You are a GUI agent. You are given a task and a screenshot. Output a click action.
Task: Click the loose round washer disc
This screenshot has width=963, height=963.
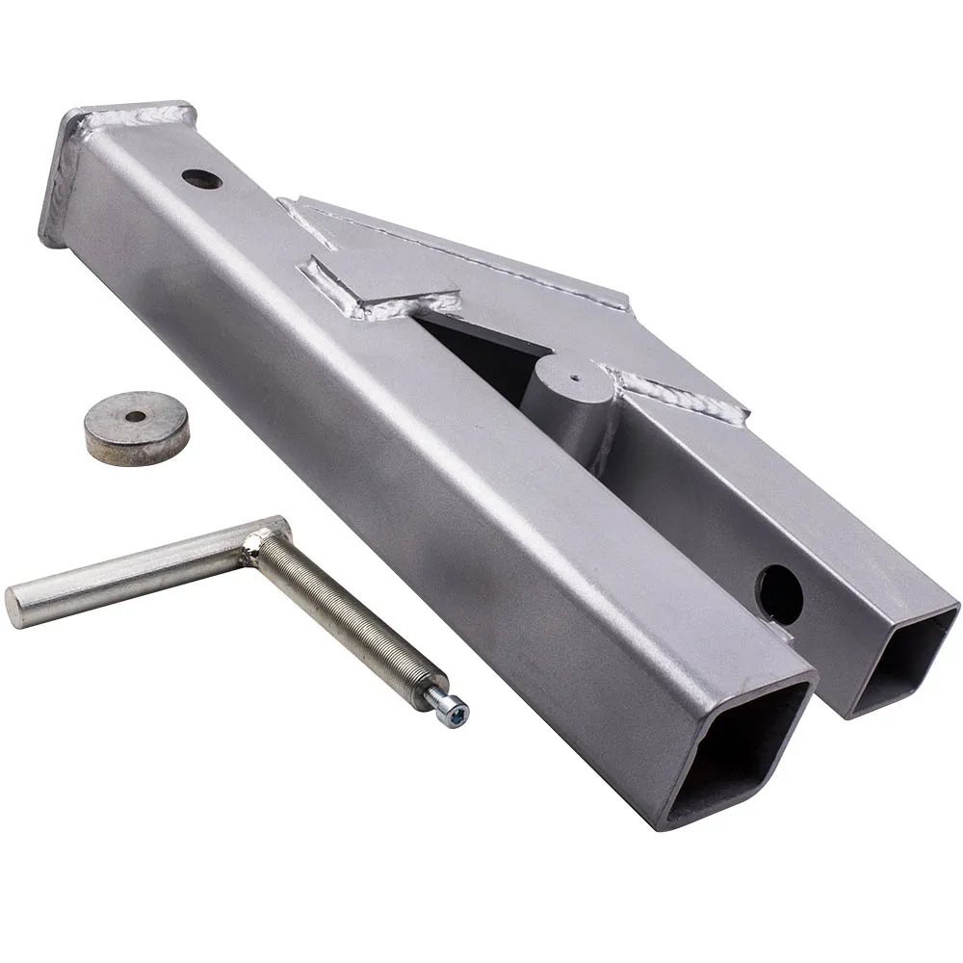click(x=136, y=427)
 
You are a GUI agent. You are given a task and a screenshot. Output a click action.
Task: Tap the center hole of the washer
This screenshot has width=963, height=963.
click(x=136, y=416)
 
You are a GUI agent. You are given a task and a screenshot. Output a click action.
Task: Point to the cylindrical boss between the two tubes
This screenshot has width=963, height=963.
click(x=568, y=400)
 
